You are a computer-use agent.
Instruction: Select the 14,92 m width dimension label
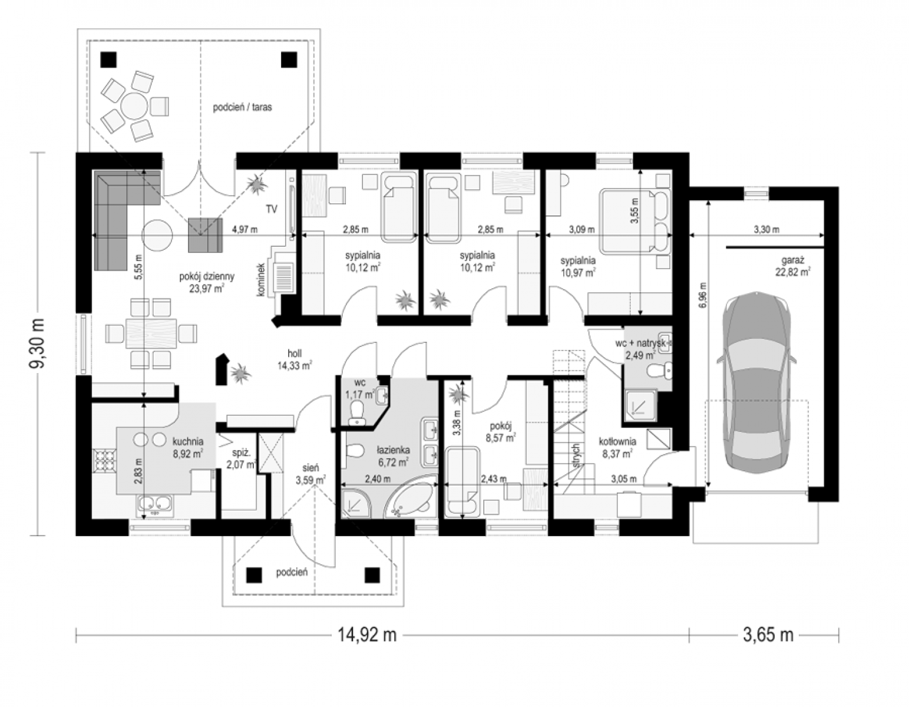pyautogui.click(x=367, y=636)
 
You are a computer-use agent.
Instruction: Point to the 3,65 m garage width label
pyautogui.click(x=768, y=636)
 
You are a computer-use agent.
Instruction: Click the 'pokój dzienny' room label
pyautogui.click(x=207, y=276)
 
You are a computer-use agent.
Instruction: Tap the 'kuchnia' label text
pyautogui.click(x=189, y=441)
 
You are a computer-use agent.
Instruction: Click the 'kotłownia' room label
pyautogui.click(x=617, y=441)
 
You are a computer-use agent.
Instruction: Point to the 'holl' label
pyautogui.click(x=295, y=353)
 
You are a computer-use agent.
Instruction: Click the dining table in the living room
pyautogui.click(x=151, y=333)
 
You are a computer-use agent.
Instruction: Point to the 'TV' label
pyautogui.click(x=272, y=209)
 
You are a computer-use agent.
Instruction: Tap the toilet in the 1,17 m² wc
pyautogui.click(x=357, y=412)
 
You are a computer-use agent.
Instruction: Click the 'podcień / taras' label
pyautogui.click(x=243, y=107)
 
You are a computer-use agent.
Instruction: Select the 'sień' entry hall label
pyautogui.click(x=311, y=467)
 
